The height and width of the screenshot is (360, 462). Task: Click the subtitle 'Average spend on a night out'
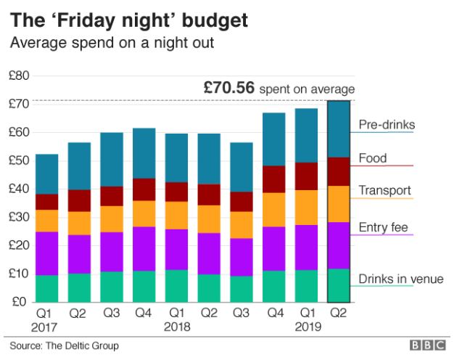pos(112,43)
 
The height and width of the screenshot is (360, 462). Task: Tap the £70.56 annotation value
pos(228,88)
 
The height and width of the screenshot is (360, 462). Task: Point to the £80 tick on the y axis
pos(19,75)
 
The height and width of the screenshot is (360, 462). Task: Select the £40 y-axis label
pos(19,189)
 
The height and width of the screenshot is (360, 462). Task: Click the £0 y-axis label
pos(22,302)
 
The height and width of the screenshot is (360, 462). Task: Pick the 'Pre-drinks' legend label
pos(387,125)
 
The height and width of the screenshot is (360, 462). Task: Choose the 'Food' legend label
pos(373,158)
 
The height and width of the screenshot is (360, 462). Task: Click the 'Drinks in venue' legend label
pos(400,279)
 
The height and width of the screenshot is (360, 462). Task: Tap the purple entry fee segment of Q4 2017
pos(144,249)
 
